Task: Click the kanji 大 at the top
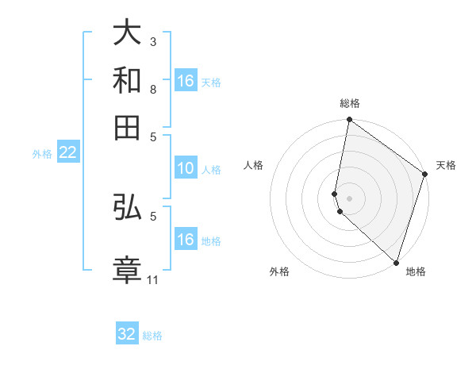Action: click(127, 33)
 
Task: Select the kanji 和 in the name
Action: click(127, 80)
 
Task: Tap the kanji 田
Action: click(127, 127)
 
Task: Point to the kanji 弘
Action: click(127, 208)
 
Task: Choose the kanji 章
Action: click(127, 268)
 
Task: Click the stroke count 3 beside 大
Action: click(153, 40)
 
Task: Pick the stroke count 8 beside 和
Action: click(153, 89)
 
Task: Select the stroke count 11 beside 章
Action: click(153, 279)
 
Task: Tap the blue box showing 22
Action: click(67, 152)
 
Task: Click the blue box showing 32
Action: click(127, 334)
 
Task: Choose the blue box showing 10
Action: click(185, 168)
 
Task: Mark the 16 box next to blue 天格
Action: click(185, 81)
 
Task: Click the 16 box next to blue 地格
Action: click(185, 240)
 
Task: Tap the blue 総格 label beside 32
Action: click(152, 336)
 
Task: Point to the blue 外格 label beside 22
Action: click(41, 154)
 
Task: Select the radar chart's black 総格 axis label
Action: click(350, 103)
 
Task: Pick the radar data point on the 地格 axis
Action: click(396, 262)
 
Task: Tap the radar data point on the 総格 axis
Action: click(350, 121)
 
